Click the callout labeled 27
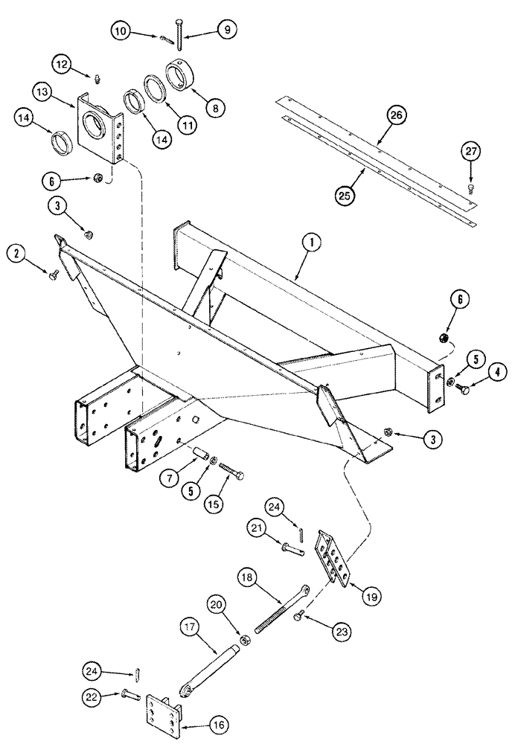pos(473,152)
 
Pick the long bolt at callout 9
pos(180,31)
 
